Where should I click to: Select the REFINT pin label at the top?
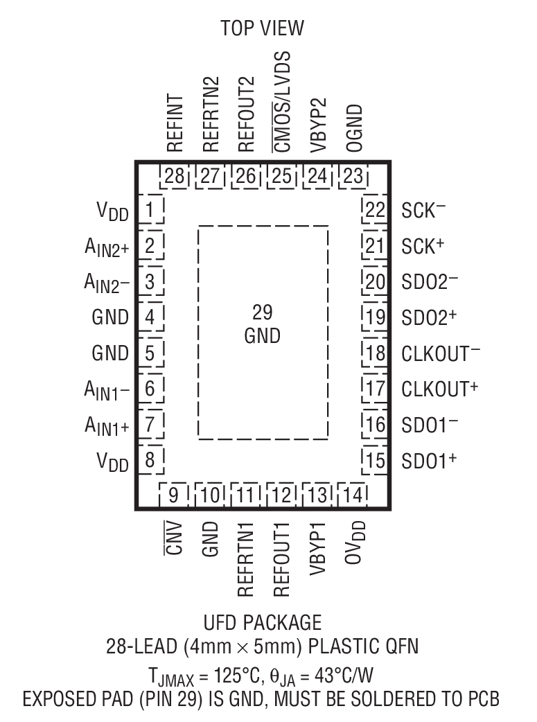point(174,123)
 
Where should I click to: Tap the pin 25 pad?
point(281,176)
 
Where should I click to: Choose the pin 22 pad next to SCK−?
point(374,209)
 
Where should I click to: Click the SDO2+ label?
point(429,317)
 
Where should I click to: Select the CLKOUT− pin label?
point(441,353)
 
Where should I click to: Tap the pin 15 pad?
point(374,459)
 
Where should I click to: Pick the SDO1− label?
point(429,424)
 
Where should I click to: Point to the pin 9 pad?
point(174,495)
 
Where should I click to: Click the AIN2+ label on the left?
point(105,245)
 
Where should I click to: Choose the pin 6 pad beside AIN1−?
point(150,388)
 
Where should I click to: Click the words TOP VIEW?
point(262,28)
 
